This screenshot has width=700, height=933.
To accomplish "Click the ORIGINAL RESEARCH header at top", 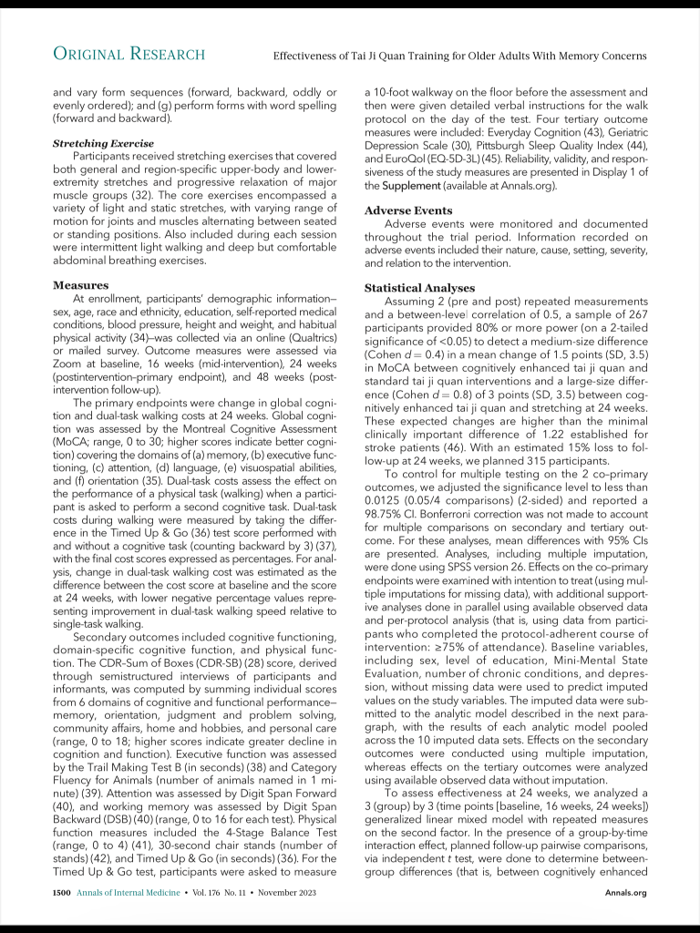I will click(129, 55).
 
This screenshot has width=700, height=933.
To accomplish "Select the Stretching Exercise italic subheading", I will click(103, 144).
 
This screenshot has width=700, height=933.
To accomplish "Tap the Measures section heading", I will click(81, 285).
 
